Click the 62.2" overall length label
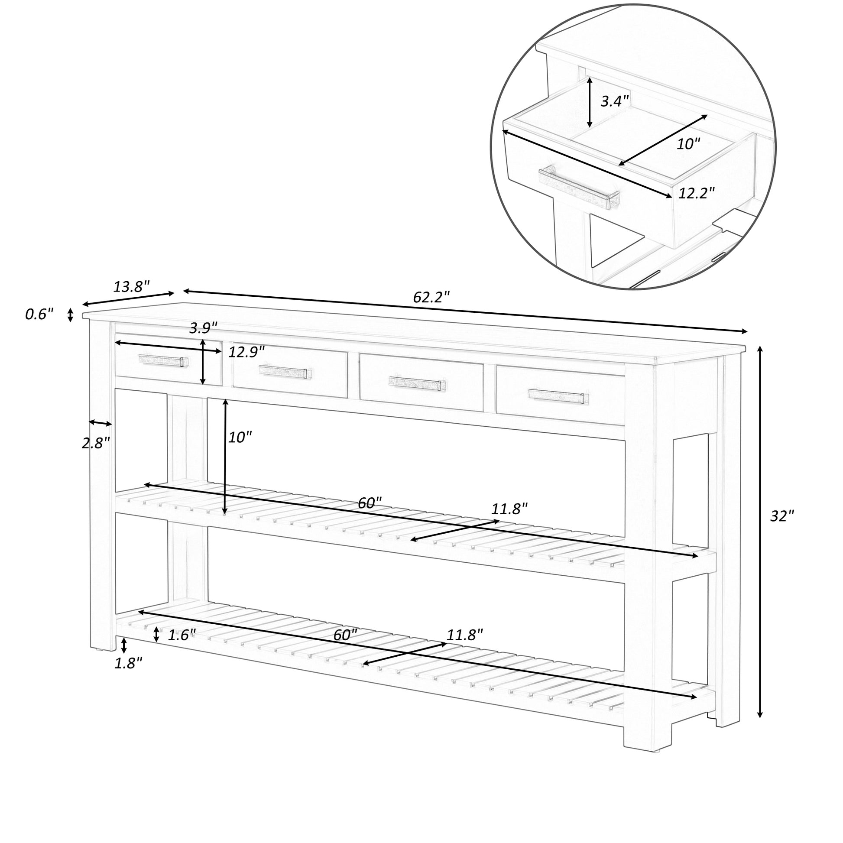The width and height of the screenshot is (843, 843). coord(431,297)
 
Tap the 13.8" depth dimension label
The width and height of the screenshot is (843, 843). coord(131,287)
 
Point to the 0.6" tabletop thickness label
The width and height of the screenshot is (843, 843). coord(39,314)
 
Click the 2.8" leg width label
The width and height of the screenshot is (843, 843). coord(96,443)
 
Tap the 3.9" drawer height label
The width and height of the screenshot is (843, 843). coord(203,327)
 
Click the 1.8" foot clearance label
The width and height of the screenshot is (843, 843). coord(128,664)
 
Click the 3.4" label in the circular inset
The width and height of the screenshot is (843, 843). coord(615,101)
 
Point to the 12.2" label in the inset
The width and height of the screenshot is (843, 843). coord(697,192)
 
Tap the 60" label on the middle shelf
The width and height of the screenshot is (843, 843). coord(370,503)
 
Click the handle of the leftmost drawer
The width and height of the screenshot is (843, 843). coord(163,360)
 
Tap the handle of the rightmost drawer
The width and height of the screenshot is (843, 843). coord(558,396)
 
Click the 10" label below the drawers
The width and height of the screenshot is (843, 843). coord(240,437)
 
